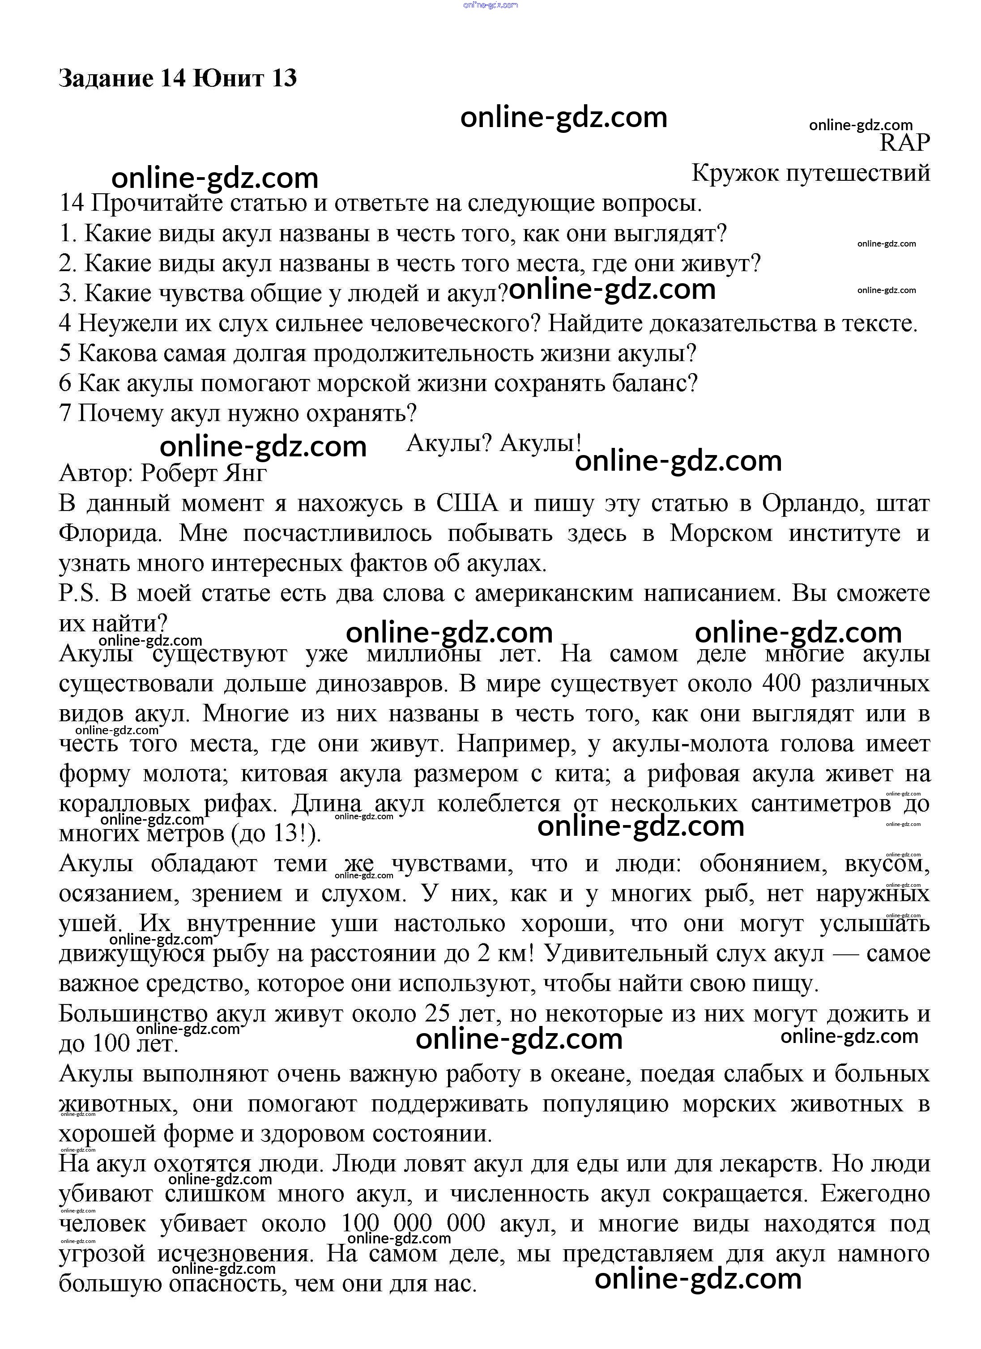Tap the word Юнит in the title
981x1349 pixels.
click(228, 78)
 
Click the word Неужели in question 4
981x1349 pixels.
click(127, 323)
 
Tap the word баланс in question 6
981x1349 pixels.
click(653, 383)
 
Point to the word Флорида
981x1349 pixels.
click(111, 533)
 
